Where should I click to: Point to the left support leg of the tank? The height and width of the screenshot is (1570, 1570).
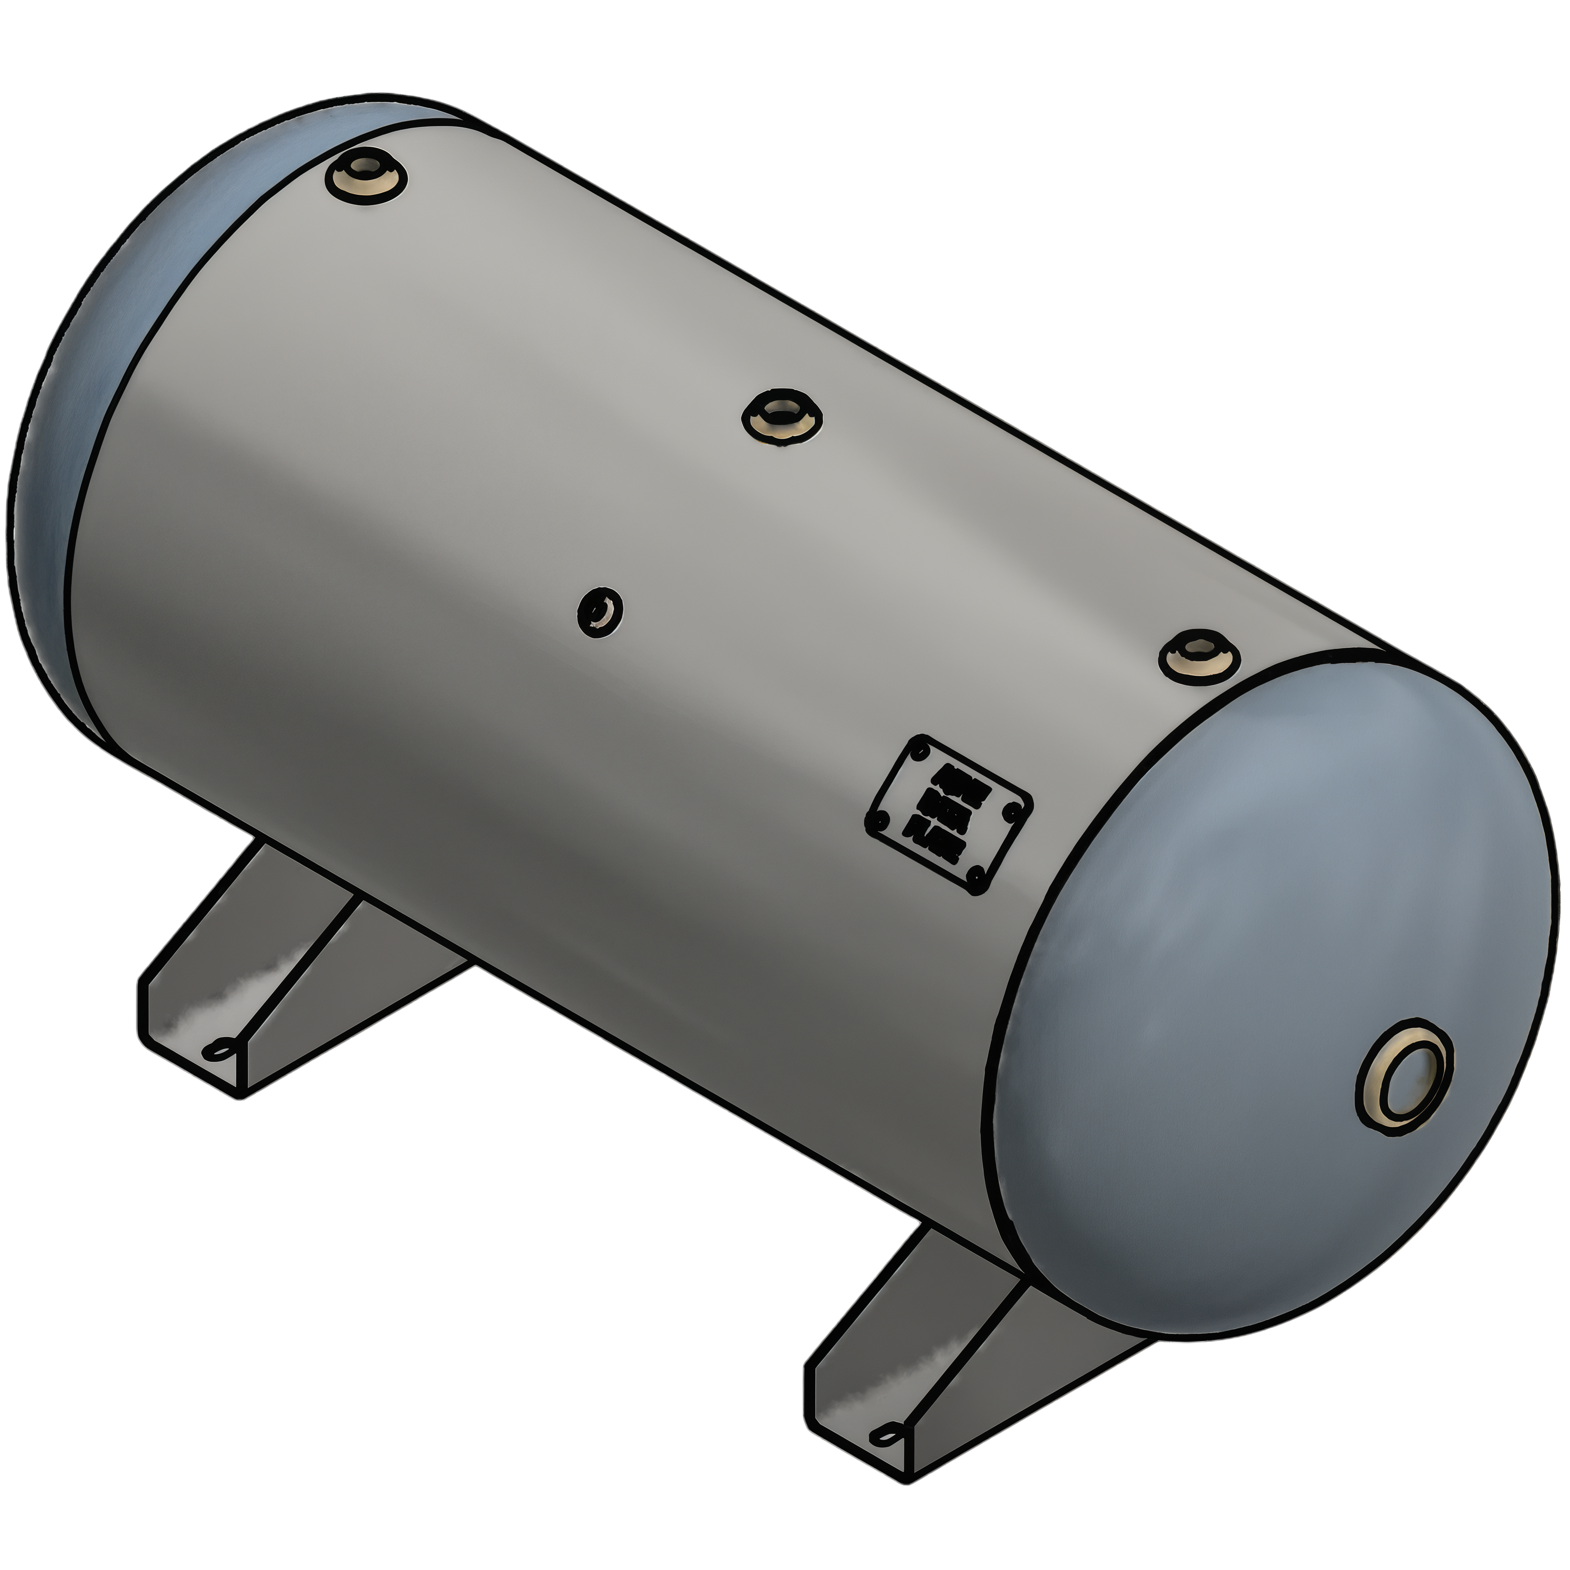[268, 975]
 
